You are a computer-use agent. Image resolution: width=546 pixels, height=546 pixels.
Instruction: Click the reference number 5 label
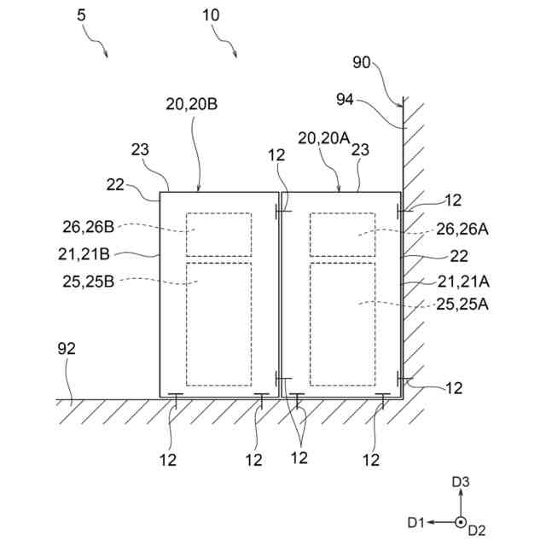80,15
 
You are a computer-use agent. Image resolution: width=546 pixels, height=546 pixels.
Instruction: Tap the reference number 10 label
211,15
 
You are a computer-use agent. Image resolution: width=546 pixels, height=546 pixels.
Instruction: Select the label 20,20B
192,104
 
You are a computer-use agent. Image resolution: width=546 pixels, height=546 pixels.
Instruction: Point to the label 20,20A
324,138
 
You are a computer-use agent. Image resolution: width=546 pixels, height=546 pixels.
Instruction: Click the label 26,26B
88,227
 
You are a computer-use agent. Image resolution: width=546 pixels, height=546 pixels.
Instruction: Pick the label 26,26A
462,228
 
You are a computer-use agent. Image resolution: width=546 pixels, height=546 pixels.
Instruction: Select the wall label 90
362,61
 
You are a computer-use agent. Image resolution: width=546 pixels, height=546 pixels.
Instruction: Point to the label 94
345,100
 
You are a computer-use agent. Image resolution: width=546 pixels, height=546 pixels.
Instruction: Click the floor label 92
66,348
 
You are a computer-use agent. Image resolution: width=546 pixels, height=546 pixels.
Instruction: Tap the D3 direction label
461,483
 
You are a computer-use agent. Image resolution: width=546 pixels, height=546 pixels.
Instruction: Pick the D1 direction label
416,521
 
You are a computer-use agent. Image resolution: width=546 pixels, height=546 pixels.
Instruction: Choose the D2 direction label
477,531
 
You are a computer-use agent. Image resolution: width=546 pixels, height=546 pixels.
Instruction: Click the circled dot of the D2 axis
460,521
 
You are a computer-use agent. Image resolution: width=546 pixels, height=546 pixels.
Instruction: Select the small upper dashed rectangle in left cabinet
219,235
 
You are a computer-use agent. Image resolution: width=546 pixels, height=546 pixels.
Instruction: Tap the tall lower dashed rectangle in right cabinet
342,324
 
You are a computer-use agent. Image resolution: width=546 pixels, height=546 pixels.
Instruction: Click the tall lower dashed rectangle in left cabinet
219,324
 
